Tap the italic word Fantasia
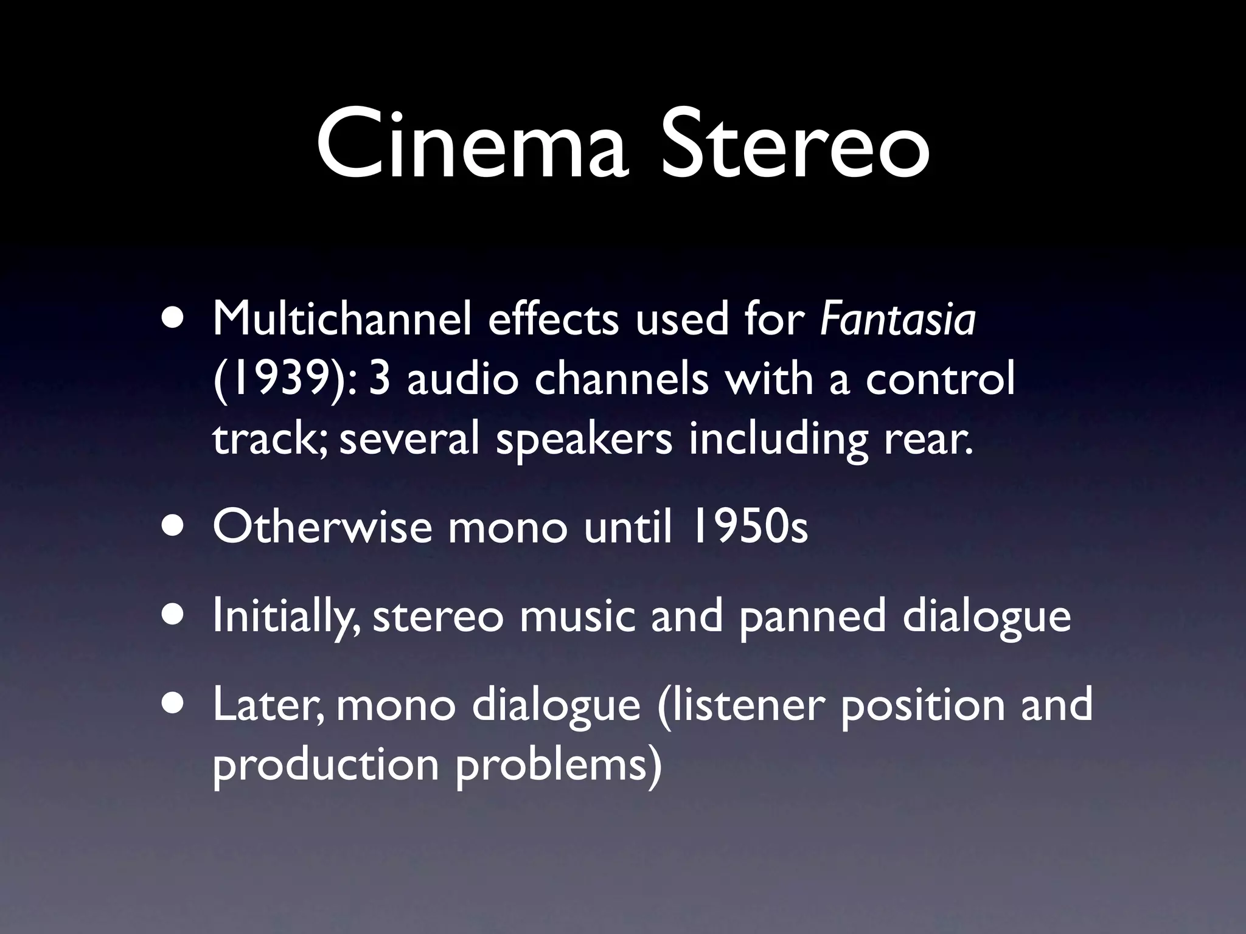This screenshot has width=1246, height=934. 898,319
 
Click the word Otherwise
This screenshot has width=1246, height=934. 322,527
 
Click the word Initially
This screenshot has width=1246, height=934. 282,615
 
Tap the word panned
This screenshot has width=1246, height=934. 813,615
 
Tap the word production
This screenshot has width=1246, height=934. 326,764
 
